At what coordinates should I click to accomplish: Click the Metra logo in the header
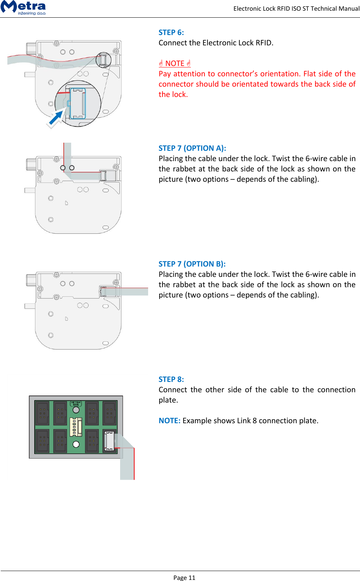click(x=23, y=7)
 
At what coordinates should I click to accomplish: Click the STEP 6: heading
click(x=171, y=32)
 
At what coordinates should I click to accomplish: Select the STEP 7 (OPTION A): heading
click(x=192, y=148)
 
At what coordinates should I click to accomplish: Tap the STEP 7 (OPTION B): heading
click(x=192, y=264)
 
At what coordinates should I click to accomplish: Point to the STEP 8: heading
click(x=171, y=379)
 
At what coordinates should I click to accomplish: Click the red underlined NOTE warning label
click(x=175, y=63)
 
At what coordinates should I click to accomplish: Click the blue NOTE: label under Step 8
click(x=169, y=421)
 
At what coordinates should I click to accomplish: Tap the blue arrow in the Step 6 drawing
click(x=56, y=118)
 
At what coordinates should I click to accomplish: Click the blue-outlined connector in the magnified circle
click(x=78, y=104)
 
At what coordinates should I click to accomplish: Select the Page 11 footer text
click(x=184, y=577)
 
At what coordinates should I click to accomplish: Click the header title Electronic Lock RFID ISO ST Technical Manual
click(x=296, y=8)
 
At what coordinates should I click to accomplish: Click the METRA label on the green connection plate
click(x=76, y=404)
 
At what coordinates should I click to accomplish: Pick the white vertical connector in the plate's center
click(x=75, y=427)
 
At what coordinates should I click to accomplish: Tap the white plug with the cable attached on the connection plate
click(x=109, y=441)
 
